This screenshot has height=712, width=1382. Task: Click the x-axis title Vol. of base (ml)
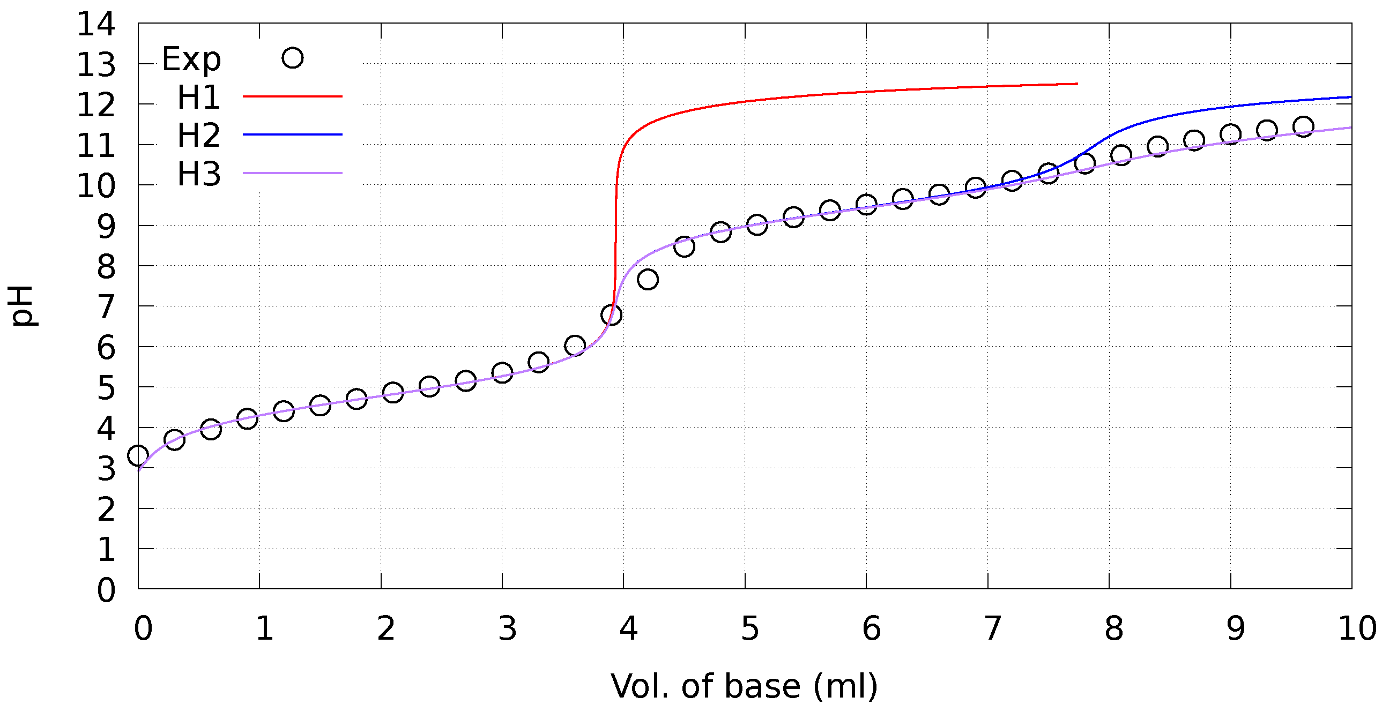(x=744, y=687)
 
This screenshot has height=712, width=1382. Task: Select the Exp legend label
(x=191, y=59)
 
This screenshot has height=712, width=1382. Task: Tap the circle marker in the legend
(x=292, y=57)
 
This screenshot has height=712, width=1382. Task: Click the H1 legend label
(x=198, y=98)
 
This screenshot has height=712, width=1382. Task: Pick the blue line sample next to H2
(x=292, y=134)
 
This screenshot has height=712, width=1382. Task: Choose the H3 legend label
(x=198, y=174)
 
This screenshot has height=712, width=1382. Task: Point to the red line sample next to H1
(x=292, y=96)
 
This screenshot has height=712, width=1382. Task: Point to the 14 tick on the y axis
(x=96, y=24)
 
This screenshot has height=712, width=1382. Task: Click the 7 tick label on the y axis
(x=106, y=307)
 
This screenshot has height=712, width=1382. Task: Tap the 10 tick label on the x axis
(x=1357, y=628)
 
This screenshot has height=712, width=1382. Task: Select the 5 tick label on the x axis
(x=749, y=628)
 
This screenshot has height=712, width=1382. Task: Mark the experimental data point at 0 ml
(x=138, y=456)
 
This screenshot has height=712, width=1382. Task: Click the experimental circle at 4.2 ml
(x=648, y=279)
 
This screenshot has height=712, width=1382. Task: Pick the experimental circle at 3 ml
(x=502, y=372)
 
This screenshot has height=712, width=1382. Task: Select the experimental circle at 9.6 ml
(x=1303, y=126)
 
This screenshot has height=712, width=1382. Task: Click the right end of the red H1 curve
(x=1076, y=84)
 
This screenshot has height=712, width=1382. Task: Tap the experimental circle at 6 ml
(x=866, y=204)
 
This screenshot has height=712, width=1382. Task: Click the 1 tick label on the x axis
(x=264, y=628)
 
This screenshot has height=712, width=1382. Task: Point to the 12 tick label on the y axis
(x=96, y=105)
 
